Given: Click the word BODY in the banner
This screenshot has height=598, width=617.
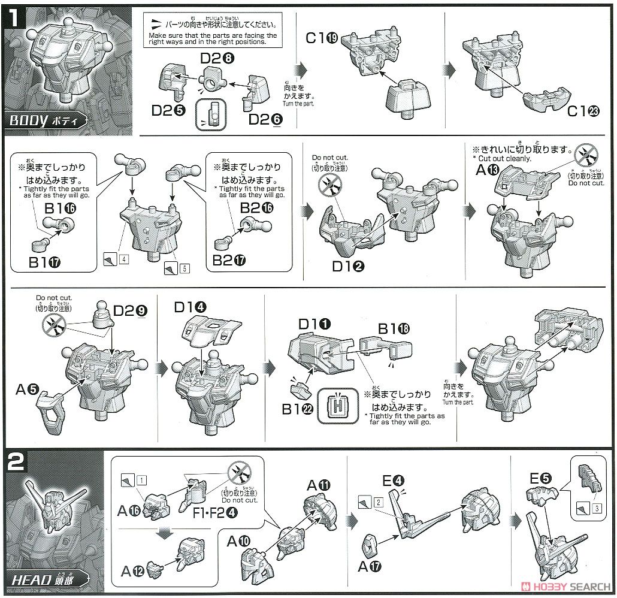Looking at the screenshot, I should [x=28, y=120].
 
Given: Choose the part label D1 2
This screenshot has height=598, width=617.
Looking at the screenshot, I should [x=349, y=265].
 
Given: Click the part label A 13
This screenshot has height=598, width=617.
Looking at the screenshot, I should [x=485, y=171].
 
